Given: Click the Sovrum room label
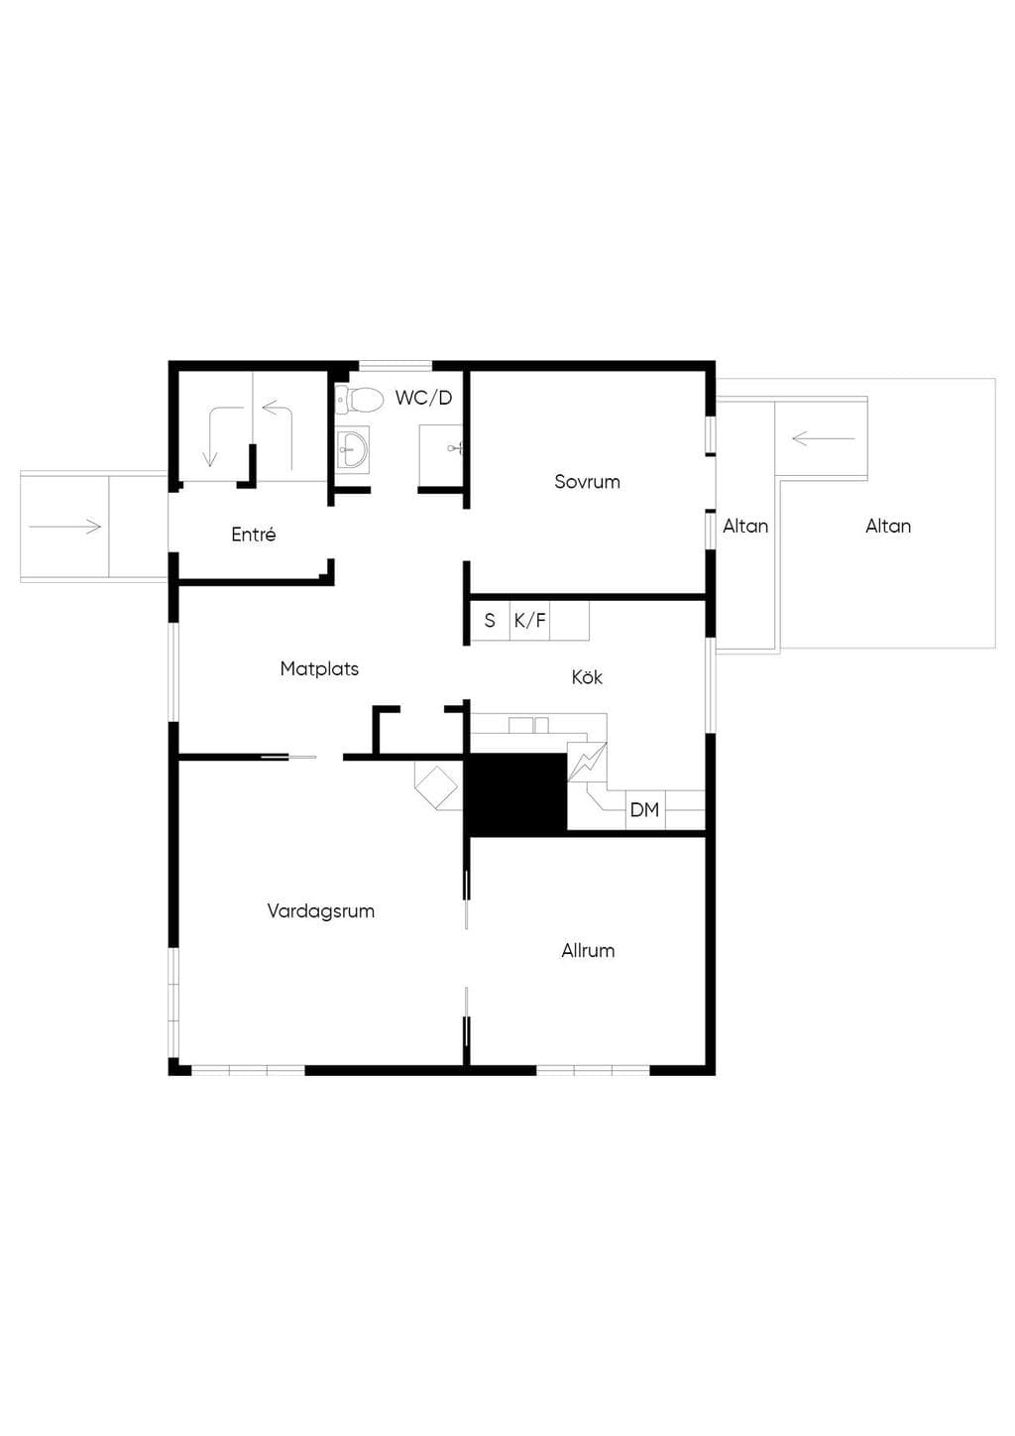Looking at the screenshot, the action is pyautogui.click(x=587, y=481).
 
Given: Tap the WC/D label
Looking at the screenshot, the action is pyautogui.click(x=423, y=398).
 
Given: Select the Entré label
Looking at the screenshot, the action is pyautogui.click(x=253, y=534).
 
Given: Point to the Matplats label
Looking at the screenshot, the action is pyautogui.click(x=319, y=668).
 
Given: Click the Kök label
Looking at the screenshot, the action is pyautogui.click(x=587, y=677).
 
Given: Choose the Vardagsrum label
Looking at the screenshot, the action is pyautogui.click(x=320, y=911).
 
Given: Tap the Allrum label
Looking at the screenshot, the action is pyautogui.click(x=588, y=950).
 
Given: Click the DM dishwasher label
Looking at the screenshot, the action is pyautogui.click(x=644, y=809).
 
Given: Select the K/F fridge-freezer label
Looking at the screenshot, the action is pyautogui.click(x=530, y=620).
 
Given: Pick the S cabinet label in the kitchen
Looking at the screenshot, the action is pyautogui.click(x=490, y=620).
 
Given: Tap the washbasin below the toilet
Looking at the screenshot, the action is pyautogui.click(x=353, y=448).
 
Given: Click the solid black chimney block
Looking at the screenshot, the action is pyautogui.click(x=515, y=793).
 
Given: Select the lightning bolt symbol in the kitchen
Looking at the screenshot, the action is pyautogui.click(x=587, y=762).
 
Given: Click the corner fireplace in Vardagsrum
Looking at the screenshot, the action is pyautogui.click(x=438, y=786).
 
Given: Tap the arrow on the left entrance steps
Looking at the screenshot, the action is pyautogui.click(x=65, y=527).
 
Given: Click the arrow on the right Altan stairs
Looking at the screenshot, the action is pyautogui.click(x=824, y=438).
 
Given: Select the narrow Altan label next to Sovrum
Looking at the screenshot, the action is pyautogui.click(x=745, y=526).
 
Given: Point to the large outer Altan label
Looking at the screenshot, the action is pyautogui.click(x=888, y=526).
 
